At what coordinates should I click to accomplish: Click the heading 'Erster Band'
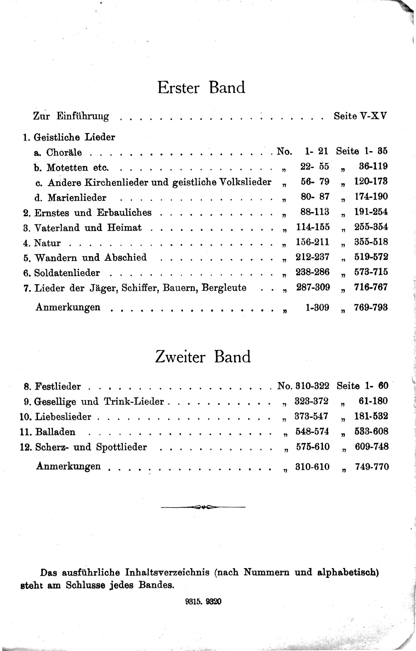coord(201,87)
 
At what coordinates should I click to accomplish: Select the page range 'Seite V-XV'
coord(360,116)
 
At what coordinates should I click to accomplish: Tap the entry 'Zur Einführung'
coord(71,116)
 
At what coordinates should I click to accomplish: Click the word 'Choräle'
coord(64,152)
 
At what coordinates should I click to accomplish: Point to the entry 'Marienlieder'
coord(77,198)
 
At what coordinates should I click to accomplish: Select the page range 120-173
coord(371,181)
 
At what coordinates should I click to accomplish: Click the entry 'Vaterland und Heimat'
coord(88,228)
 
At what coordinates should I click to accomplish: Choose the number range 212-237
coord(312,257)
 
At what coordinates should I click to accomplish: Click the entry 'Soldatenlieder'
coord(67,273)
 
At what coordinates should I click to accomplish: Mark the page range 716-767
coord(371,287)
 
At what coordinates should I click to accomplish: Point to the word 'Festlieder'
coord(58,386)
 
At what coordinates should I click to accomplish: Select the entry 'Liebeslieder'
coord(63,417)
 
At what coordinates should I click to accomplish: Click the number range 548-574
coord(312,431)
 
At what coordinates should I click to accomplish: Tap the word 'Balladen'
coord(55,432)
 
